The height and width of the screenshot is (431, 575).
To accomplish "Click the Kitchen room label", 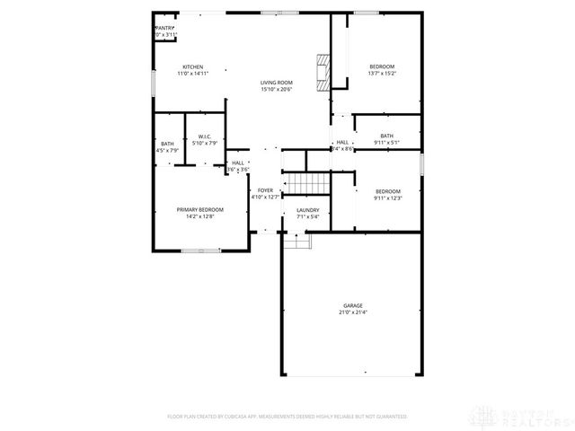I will [193, 67].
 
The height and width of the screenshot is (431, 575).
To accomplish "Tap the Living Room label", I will [277, 82].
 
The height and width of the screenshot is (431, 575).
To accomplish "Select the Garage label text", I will [352, 305].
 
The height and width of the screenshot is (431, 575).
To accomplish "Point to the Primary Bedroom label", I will [199, 209].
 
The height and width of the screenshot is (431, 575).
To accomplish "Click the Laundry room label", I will [308, 209].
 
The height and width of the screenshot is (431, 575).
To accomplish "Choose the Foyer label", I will [265, 190].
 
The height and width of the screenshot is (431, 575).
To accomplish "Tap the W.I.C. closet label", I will [205, 136].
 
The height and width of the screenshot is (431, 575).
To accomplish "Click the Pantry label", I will [164, 28].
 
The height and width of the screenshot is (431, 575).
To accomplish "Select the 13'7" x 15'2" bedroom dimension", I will [382, 75].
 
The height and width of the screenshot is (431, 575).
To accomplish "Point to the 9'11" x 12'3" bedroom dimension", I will [387, 198].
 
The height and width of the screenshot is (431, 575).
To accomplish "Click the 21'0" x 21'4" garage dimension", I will [352, 312].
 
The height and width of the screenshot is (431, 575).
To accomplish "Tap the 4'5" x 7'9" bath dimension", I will [168, 150].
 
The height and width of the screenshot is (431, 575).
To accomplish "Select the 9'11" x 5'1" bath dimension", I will [386, 143].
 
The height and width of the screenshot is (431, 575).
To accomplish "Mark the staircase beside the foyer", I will [306, 184].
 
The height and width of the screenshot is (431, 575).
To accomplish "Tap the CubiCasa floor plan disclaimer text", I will [287, 417].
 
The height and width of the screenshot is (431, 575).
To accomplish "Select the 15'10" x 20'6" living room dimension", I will [277, 89].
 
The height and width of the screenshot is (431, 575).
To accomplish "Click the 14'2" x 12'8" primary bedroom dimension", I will [199, 216].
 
